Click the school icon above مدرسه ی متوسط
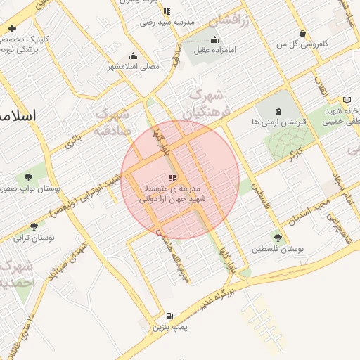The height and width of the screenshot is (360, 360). (x=172, y=178)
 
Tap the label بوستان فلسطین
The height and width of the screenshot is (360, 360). (x=281, y=250)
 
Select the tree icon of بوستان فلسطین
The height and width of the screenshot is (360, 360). (x=278, y=238)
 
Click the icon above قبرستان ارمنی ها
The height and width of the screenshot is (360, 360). (x=278, y=110)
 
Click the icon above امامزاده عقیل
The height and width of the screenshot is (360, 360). (x=214, y=39)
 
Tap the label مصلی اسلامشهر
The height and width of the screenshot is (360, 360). (x=134, y=67)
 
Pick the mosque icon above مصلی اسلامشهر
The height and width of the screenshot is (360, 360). (x=134, y=56)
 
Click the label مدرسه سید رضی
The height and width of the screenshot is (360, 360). (x=167, y=22)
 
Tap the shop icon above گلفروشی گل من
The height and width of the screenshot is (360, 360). (x=302, y=33)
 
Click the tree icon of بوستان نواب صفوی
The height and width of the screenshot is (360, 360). (x=29, y=177)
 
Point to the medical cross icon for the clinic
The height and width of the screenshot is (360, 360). (x=12, y=28)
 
